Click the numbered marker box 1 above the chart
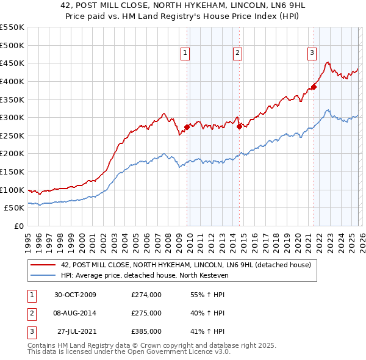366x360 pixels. pos(185,53)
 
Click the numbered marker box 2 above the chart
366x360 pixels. pos(237,53)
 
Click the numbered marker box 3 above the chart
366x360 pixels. pos(312,53)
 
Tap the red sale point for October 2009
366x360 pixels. pos(187,128)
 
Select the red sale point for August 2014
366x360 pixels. pos(239,127)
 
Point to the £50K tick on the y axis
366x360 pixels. pos(14,208)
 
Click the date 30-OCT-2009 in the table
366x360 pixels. pos(75,295)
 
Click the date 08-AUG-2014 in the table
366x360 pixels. pos(75,313)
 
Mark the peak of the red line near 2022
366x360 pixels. pos(328,62)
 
